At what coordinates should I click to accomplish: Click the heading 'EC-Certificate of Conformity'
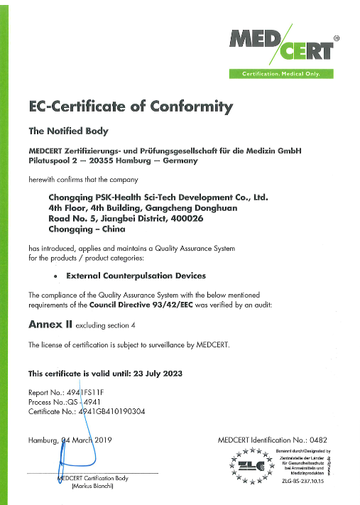pyautogui.click(x=130, y=107)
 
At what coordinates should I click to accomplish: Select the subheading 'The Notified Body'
pyautogui.click(x=68, y=131)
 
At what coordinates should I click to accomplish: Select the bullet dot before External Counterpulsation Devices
pyautogui.click(x=55, y=275)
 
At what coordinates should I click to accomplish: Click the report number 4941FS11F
pyautogui.click(x=91, y=391)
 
